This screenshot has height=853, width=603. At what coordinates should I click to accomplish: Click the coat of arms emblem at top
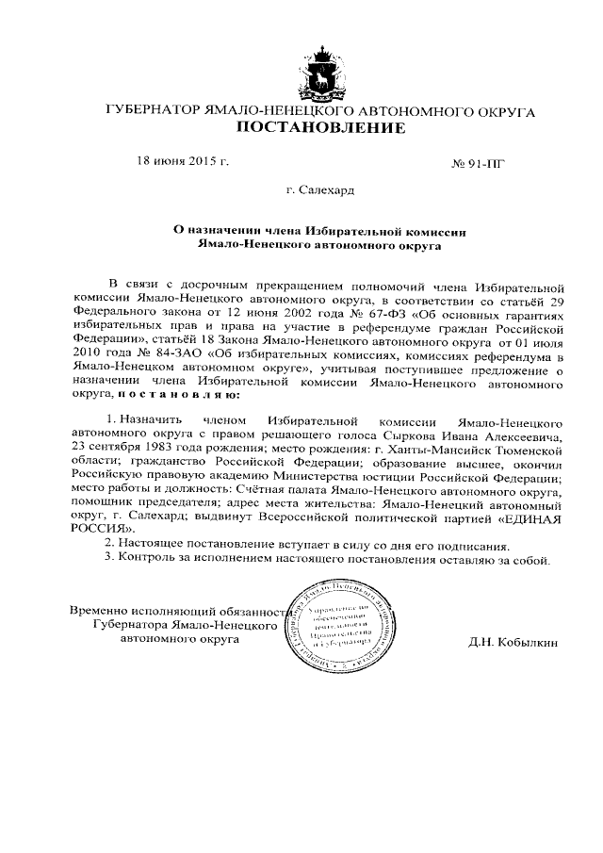[323, 70]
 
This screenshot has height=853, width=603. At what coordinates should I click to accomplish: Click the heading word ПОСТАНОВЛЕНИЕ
[322, 128]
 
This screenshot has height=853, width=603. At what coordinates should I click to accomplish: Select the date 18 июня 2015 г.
[184, 161]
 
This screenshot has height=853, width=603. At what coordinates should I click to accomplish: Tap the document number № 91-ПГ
[480, 163]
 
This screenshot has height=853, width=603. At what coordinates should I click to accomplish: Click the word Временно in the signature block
[101, 610]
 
